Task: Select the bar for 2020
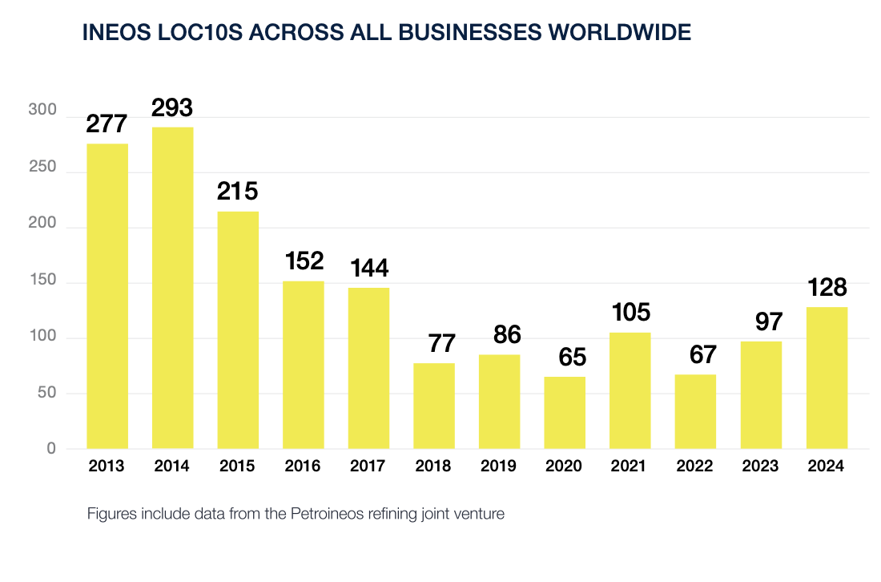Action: pos(565,412)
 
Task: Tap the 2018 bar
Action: pos(434,406)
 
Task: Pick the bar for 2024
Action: pos(827,378)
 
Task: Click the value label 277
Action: pos(107,125)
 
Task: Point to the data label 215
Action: pos(238,192)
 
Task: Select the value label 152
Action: pos(304,261)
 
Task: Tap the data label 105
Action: pos(630,313)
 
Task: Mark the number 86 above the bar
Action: pos(499,336)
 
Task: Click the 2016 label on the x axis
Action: pos(304,467)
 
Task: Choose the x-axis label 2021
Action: pos(630,467)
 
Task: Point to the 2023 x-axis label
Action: pos(761,467)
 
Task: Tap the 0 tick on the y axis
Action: pos(51,448)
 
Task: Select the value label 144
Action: pos(368,268)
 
